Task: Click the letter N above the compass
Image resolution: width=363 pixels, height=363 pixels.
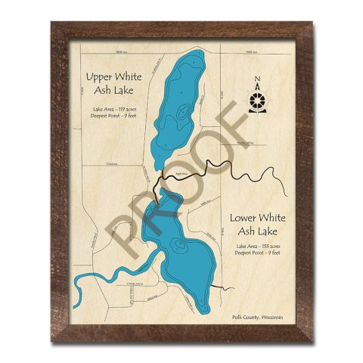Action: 259,79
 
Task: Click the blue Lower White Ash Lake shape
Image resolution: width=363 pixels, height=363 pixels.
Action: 181,265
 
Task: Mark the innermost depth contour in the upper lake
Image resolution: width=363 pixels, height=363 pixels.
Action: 183,113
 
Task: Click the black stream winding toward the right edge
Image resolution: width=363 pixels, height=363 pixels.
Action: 250,175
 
